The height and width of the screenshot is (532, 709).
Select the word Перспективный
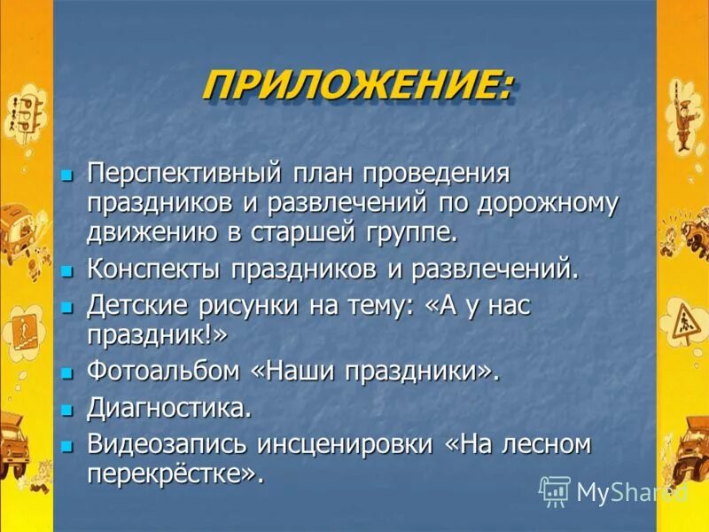(184, 173)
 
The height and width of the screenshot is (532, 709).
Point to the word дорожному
(548, 202)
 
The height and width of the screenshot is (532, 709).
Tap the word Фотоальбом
(163, 372)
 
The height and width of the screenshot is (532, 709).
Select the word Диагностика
(168, 408)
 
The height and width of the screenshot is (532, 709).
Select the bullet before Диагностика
(66, 411)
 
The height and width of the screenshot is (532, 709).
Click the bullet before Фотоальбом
(66, 374)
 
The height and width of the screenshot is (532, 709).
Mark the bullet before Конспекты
(66, 271)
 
